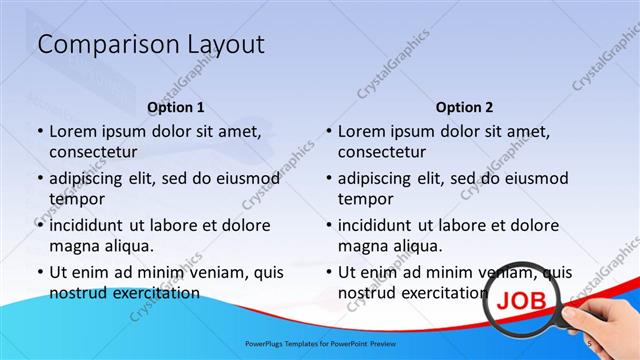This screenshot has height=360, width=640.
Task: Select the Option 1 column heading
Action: pos(176,107)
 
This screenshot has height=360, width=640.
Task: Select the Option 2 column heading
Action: pos(464,107)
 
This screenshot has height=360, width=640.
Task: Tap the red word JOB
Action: pos(522,298)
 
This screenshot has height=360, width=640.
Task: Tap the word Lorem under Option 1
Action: pos(74,131)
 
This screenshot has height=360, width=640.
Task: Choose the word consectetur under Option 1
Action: pos(93,152)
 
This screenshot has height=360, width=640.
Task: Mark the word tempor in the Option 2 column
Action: pos(365,199)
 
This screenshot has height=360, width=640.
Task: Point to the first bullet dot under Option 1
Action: pos(39,132)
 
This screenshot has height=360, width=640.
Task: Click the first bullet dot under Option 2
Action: pos(328,132)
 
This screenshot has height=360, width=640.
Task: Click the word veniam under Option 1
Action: pos(206,272)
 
